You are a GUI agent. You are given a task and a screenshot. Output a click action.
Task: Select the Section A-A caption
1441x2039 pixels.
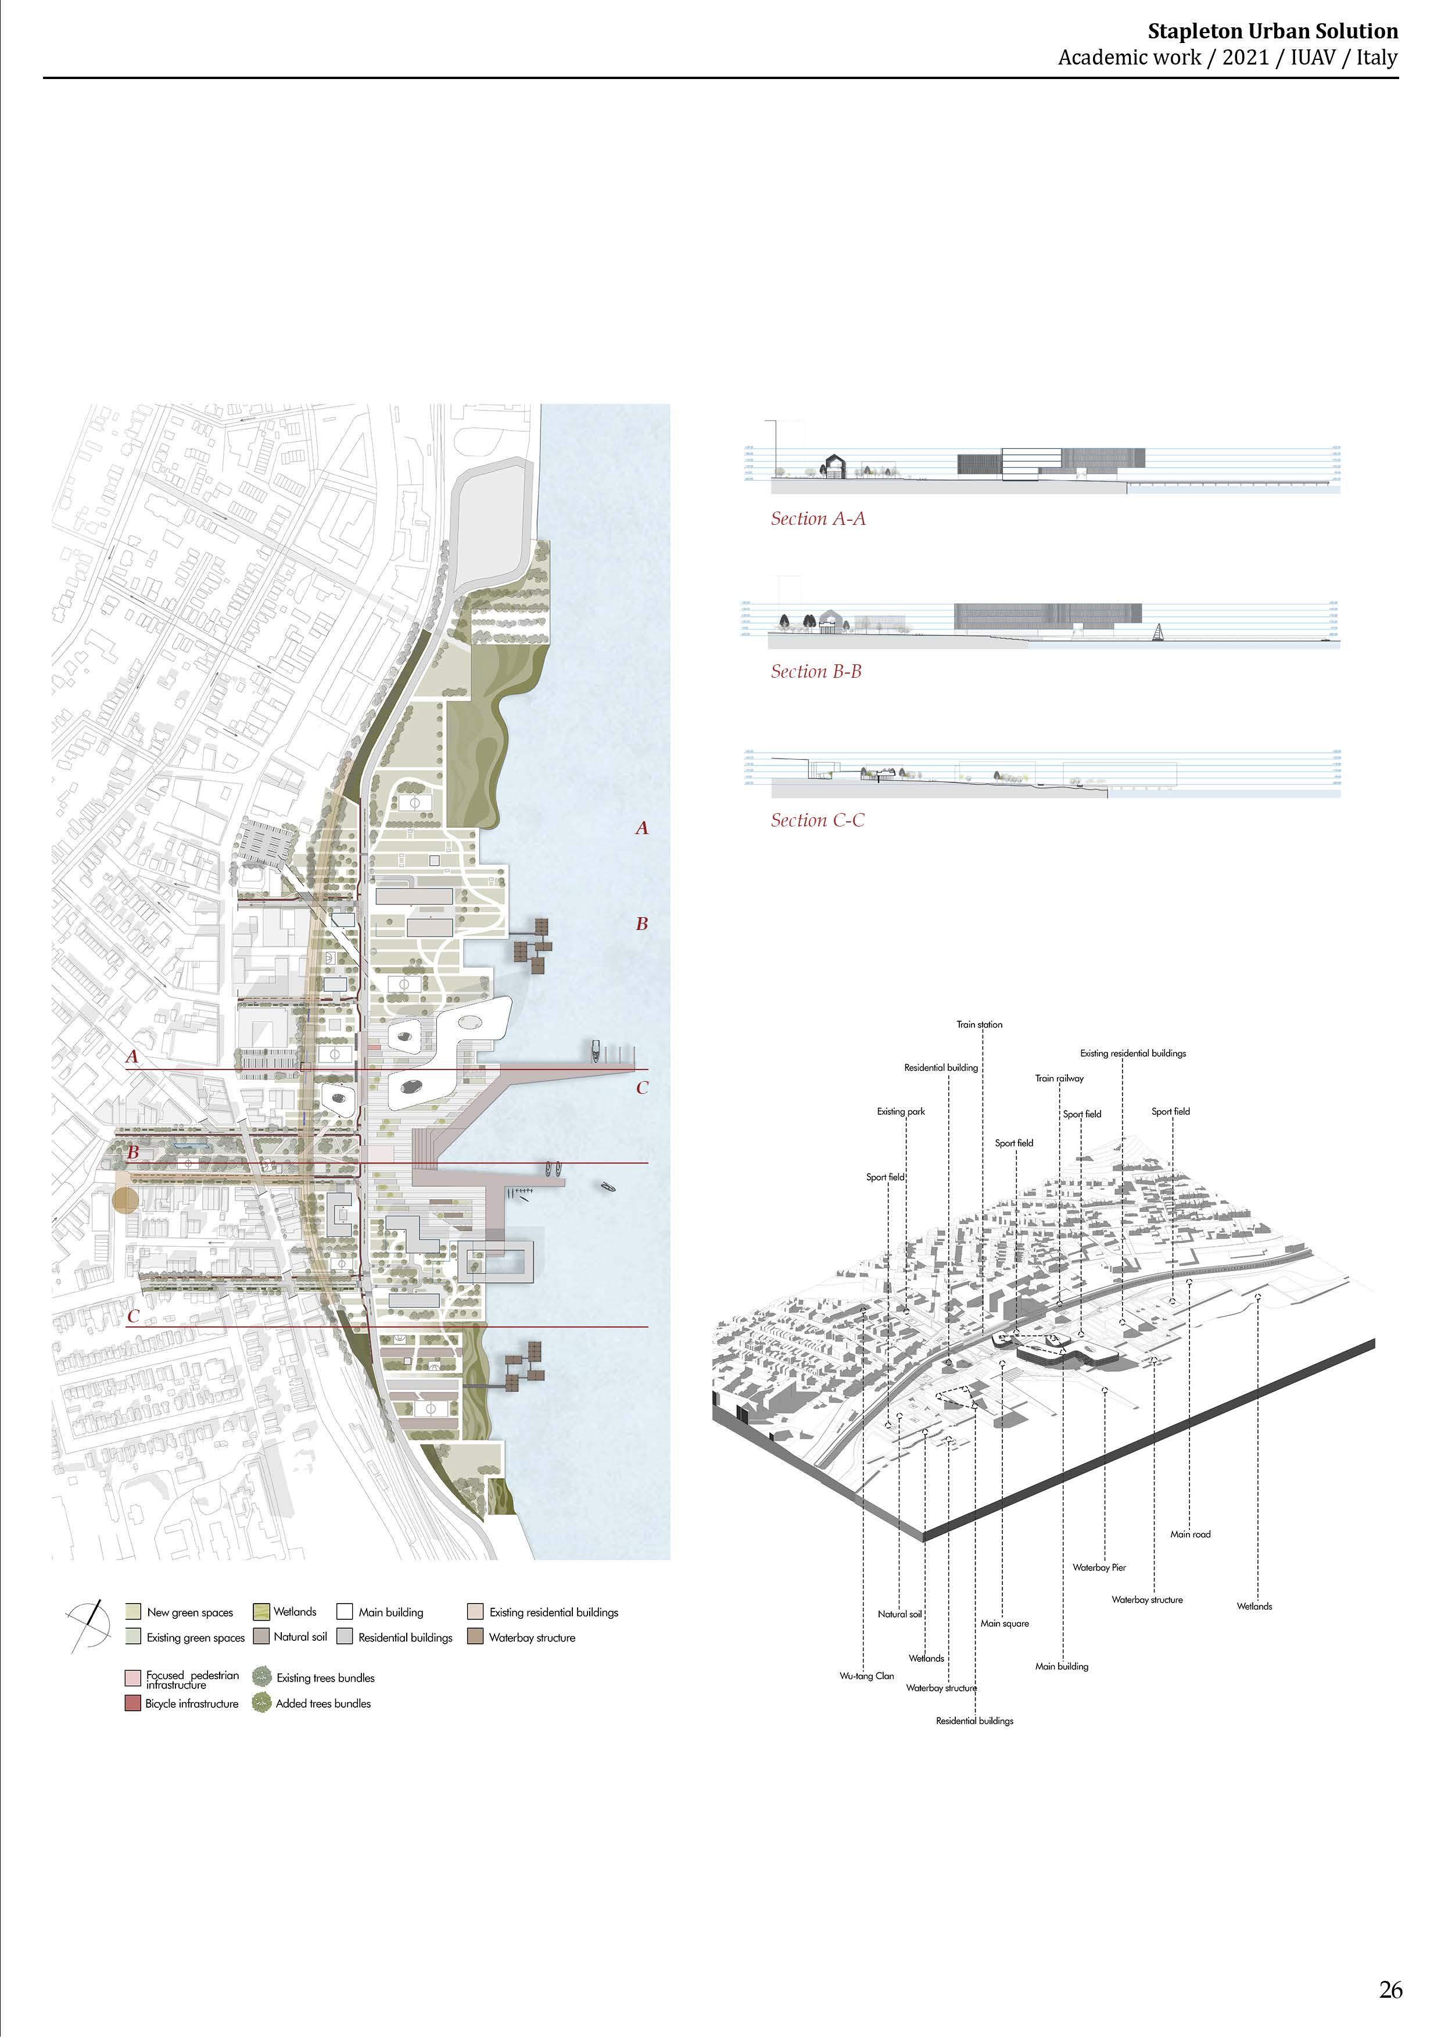pos(817,518)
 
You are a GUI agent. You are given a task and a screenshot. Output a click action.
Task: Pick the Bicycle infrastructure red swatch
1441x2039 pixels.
pos(133,1703)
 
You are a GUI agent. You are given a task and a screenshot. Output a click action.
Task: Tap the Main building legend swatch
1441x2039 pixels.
pos(345,1611)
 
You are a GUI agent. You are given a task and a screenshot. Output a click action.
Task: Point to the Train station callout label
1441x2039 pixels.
pos(978,1024)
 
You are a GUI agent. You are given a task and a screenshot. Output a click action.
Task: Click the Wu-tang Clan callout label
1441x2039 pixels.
pos(866,1676)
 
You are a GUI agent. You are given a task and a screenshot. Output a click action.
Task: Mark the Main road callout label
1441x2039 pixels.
pos(1190,1534)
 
